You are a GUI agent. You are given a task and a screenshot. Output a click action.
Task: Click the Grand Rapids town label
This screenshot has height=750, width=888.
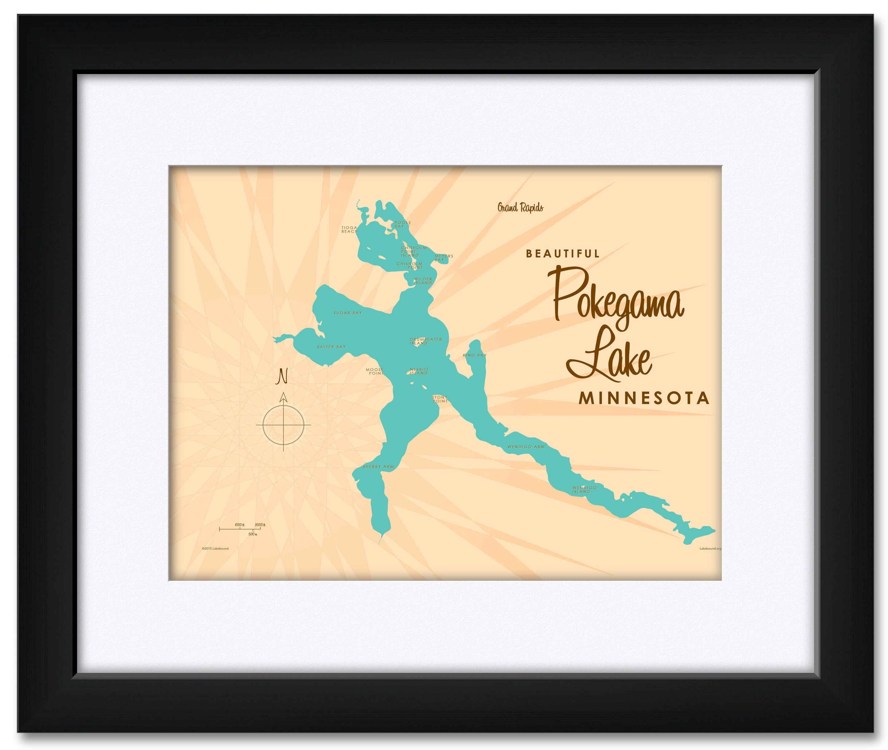pyautogui.click(x=520, y=208)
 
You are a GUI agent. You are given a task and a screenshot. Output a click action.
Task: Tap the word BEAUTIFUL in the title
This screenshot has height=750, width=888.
pyautogui.click(x=563, y=254)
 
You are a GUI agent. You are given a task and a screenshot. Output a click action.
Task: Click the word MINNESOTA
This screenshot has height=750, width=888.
pyautogui.click(x=644, y=398)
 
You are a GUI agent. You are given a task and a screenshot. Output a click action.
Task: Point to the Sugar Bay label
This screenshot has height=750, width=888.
pyautogui.click(x=348, y=313)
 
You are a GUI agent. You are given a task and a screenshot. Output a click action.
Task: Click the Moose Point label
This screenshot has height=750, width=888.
pyautogui.click(x=375, y=372)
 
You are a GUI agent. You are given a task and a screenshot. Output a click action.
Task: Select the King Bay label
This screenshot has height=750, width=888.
pyautogui.click(x=474, y=355)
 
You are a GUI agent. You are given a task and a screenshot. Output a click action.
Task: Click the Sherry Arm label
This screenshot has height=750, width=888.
pyautogui.click(x=378, y=467)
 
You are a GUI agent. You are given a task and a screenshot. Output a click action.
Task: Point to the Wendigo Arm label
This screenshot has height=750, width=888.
pyautogui.click(x=525, y=447)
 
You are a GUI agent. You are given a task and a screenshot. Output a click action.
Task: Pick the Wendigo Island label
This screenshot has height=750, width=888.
pyautogui.click(x=584, y=490)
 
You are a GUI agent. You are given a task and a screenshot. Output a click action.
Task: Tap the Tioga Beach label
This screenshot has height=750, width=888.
pyautogui.click(x=349, y=230)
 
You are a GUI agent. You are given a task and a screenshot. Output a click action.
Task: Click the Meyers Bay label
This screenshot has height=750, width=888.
pyautogui.click(x=443, y=258)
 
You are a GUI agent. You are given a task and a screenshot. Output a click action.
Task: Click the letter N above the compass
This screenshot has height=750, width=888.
pyautogui.click(x=282, y=377)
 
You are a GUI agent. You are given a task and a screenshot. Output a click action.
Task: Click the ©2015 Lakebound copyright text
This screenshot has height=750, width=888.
pyautogui.click(x=215, y=549)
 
